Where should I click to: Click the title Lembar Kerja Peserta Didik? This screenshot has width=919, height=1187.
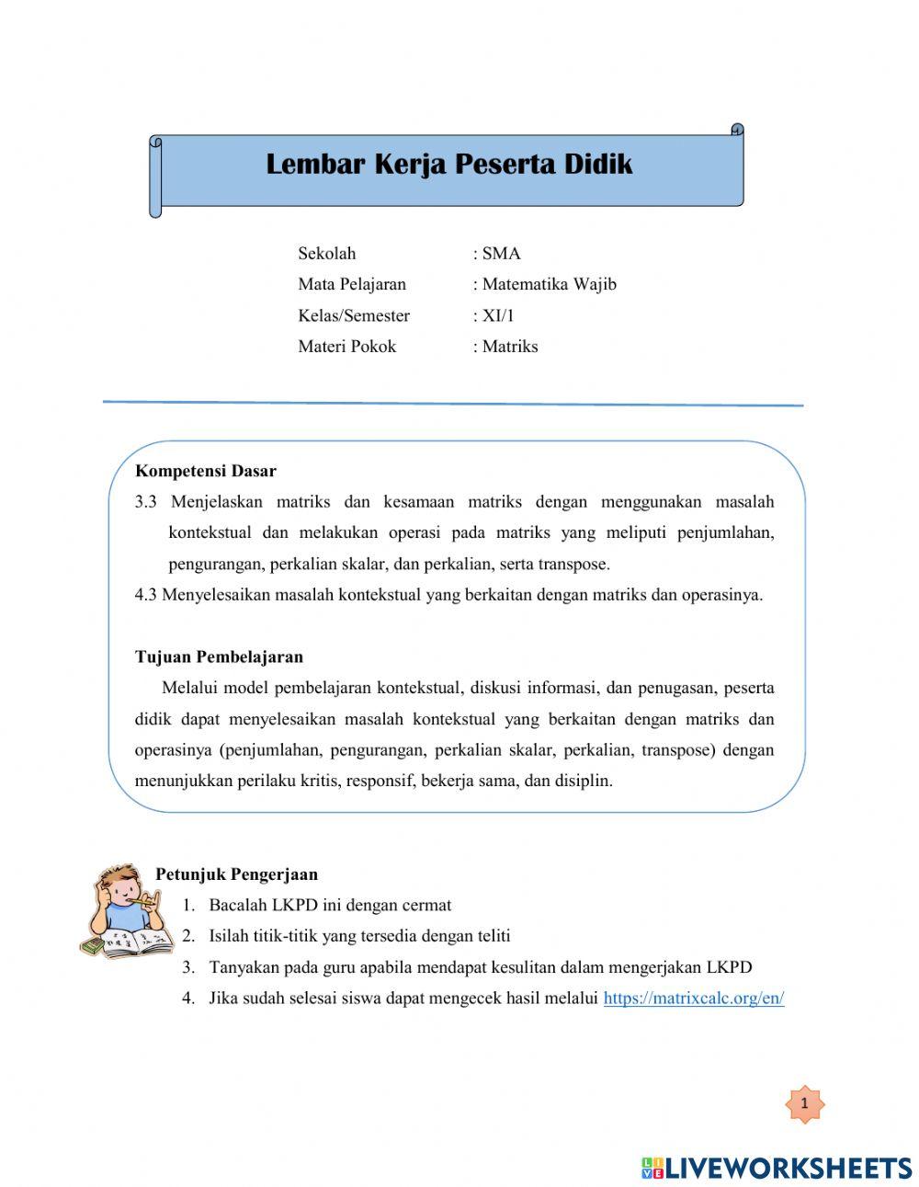tap(449, 165)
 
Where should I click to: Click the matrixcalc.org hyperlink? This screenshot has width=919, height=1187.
tap(693, 999)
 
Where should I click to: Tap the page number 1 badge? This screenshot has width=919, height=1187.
tap(805, 1103)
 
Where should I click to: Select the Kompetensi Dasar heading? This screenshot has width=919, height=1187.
tap(205, 471)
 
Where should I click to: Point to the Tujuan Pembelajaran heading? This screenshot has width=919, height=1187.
tap(219, 656)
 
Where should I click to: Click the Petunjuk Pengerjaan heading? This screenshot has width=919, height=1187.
tap(236, 874)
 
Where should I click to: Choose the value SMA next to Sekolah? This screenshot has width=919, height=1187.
tap(501, 254)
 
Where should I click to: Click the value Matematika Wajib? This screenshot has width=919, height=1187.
tap(549, 284)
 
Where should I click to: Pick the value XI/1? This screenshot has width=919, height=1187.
tap(498, 315)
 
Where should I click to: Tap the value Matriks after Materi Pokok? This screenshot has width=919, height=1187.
tap(509, 347)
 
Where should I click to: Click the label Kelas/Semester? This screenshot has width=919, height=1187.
tap(354, 315)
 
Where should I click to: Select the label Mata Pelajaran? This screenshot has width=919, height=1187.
tap(351, 284)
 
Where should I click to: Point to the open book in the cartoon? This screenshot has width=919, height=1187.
tap(138, 942)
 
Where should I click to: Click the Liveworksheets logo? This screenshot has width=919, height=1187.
tap(776, 1168)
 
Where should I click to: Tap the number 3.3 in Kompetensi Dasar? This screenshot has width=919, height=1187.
tap(146, 502)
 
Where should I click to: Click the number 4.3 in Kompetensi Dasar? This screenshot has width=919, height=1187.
tap(146, 595)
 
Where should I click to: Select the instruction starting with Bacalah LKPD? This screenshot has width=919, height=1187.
tap(330, 906)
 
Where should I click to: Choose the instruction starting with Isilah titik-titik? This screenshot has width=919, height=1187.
tap(359, 936)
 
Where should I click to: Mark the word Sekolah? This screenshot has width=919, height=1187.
tap(326, 254)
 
